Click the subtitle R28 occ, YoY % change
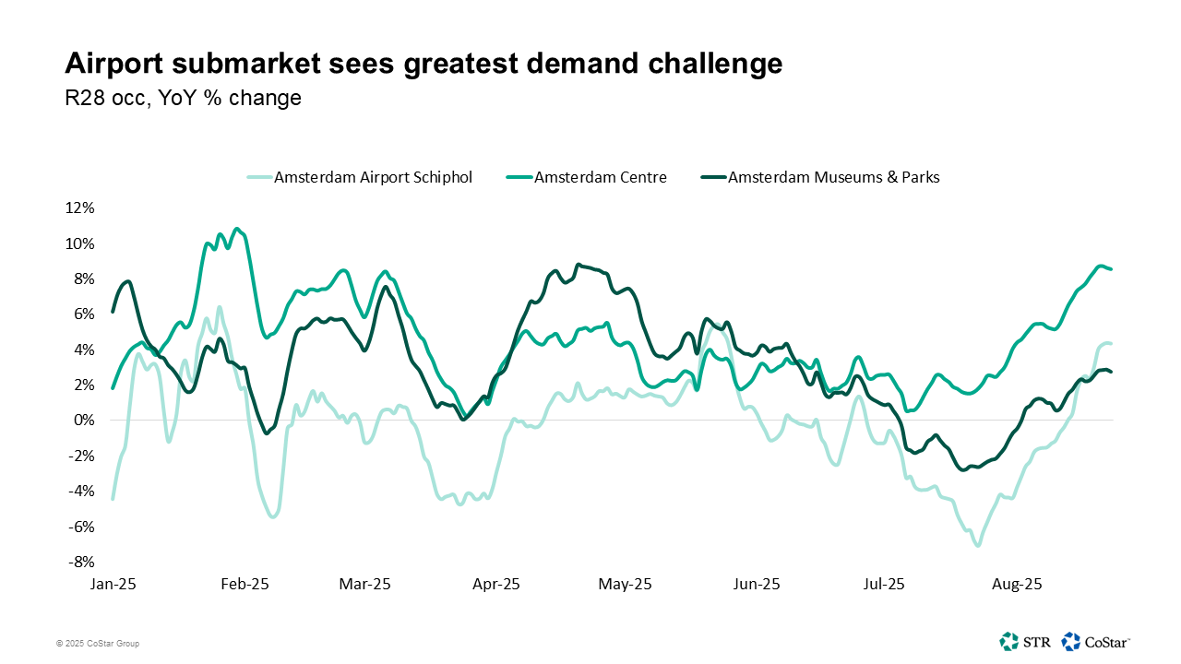click(183, 98)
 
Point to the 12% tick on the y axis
click(79, 208)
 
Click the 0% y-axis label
click(83, 421)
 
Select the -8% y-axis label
click(81, 562)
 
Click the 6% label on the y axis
click(83, 314)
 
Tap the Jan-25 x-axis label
click(113, 584)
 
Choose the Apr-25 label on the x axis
click(496, 584)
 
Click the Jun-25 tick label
click(757, 584)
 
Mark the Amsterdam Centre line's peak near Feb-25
click(237, 228)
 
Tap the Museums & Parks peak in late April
click(578, 265)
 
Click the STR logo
click(1024, 641)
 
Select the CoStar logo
click(1096, 641)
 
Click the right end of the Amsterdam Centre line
click(1111, 268)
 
